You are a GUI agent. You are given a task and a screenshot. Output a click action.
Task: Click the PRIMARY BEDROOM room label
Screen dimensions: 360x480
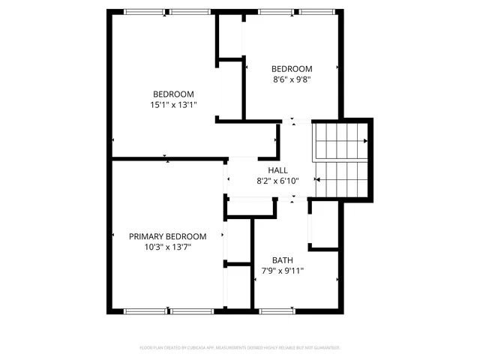[167, 235]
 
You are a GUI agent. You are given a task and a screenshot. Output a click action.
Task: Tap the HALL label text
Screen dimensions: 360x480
[277, 170]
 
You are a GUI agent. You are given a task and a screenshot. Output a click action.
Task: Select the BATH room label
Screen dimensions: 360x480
[282, 259]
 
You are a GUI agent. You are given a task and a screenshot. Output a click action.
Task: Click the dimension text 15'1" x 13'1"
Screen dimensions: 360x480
[173, 106]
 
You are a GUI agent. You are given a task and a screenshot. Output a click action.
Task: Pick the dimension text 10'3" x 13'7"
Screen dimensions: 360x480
[167, 246]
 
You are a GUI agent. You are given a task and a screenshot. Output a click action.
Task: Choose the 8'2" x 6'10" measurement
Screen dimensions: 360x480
[277, 181]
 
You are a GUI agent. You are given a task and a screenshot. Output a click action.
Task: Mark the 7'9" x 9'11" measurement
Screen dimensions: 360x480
[282, 271]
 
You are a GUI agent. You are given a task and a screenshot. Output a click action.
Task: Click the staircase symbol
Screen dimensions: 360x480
[340, 159]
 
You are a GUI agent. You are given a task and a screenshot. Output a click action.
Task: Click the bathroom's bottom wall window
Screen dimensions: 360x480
[277, 310]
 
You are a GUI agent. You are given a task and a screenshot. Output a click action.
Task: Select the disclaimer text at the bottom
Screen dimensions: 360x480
[240, 347]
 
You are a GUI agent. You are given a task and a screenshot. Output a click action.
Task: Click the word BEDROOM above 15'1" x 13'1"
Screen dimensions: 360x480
[173, 94]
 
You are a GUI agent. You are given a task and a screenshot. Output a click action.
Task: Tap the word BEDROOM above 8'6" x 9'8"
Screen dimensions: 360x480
[291, 68]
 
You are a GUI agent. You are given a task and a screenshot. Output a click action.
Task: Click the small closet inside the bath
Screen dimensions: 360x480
[325, 224]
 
